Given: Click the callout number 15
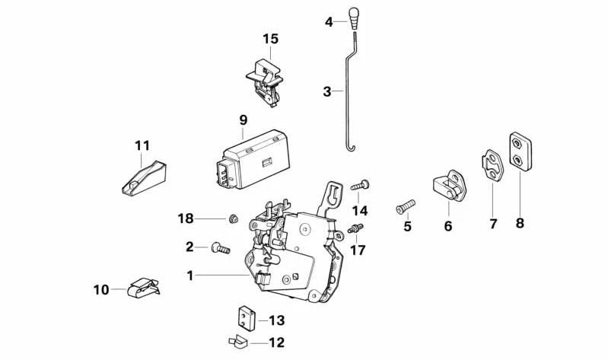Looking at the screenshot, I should pyautogui.click(x=271, y=39).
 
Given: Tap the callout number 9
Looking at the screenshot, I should pyautogui.click(x=244, y=119).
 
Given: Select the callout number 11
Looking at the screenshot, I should pyautogui.click(x=142, y=145).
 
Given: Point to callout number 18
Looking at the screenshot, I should pyautogui.click(x=186, y=219).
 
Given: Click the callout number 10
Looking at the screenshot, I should pyautogui.click(x=101, y=289).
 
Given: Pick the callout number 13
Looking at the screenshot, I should pyautogui.click(x=276, y=320).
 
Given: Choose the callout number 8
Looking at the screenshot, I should pyautogui.click(x=520, y=224).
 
